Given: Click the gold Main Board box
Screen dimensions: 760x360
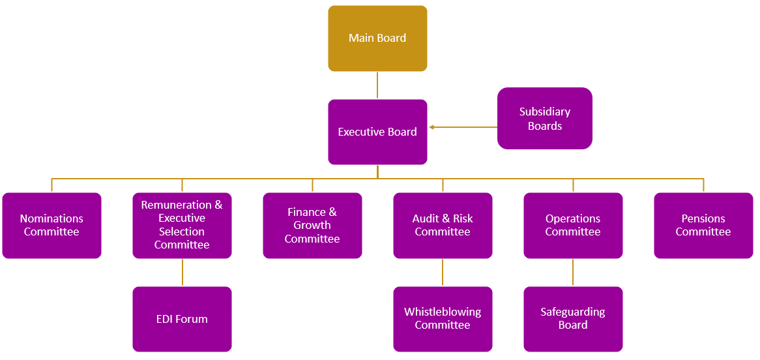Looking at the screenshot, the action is [377, 38].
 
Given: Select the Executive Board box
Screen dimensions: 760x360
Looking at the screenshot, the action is [377, 132].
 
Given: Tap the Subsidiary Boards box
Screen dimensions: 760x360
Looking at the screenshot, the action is [545, 119].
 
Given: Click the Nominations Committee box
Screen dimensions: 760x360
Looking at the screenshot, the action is [52, 225].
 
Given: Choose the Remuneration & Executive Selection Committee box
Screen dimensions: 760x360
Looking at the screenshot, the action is [183, 225].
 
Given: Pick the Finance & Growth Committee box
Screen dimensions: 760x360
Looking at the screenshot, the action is [313, 225].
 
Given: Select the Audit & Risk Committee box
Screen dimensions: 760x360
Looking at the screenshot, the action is [443, 225].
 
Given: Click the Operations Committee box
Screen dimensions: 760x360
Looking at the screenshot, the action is [574, 225].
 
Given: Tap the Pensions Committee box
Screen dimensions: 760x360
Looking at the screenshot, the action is [704, 225].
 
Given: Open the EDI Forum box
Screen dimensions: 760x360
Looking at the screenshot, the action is [183, 319].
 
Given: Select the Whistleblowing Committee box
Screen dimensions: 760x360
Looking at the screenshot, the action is [443, 319].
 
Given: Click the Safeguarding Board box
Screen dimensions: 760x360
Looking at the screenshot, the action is [574, 319].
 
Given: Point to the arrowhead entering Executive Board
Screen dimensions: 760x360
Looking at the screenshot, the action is [431, 127].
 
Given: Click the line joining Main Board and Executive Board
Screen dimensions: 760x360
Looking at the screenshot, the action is [377, 85].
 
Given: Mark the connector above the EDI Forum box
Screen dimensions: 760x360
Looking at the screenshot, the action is [183, 272].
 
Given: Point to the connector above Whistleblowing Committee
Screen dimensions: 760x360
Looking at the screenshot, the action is [443, 272].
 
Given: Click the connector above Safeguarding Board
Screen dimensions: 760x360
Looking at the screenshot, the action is [574, 272].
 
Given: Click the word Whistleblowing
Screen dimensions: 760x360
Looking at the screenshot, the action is [443, 312].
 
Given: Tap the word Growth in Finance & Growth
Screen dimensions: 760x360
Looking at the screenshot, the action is [313, 225].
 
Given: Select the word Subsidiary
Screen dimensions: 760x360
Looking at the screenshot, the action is [545, 112].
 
